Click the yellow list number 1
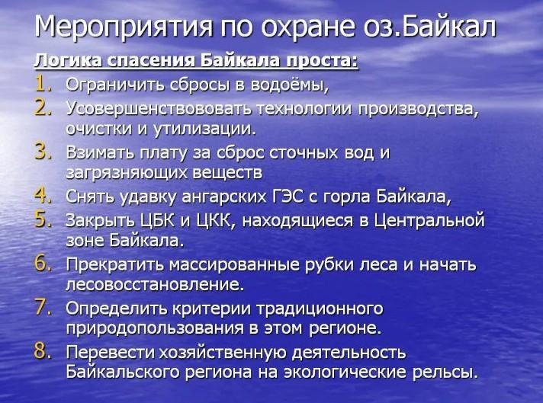pyautogui.click(x=43, y=85)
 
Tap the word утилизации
pyautogui.click(x=204, y=129)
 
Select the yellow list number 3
pyautogui.click(x=43, y=152)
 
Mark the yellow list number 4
pyautogui.click(x=43, y=195)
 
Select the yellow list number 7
pyautogui.click(x=43, y=308)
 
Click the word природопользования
pyautogui.click(x=155, y=328)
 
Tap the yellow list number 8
pyautogui.click(x=43, y=351)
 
